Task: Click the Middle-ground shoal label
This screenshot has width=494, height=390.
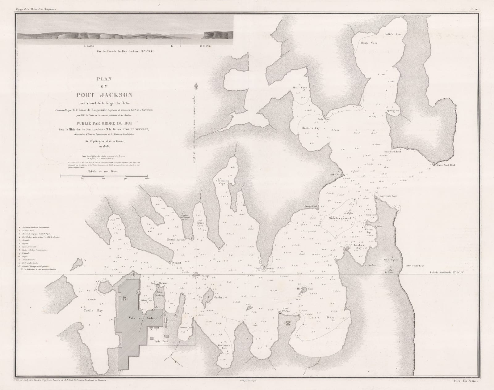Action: point(341,218)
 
